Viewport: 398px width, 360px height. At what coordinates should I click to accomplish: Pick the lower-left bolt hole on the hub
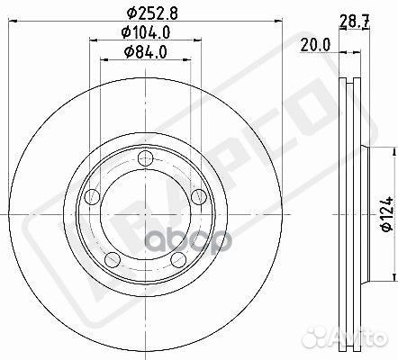[x=111, y=261]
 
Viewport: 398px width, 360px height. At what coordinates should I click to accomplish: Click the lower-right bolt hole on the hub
[x=177, y=261]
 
